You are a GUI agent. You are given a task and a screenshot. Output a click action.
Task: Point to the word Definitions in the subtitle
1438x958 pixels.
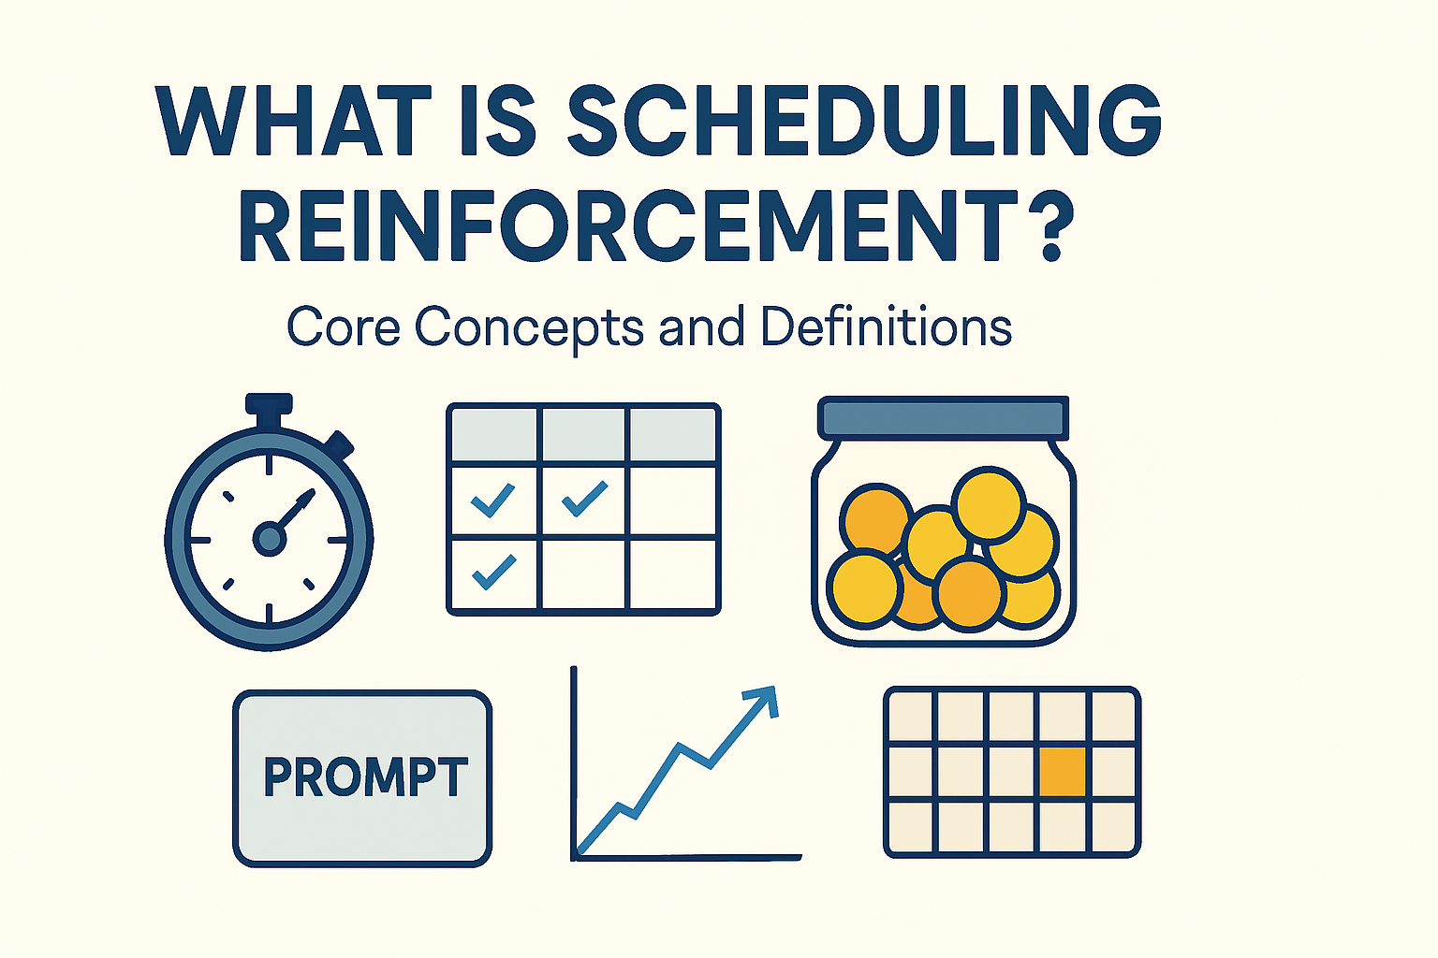[886, 327]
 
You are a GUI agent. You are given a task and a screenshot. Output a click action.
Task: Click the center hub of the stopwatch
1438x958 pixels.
[269, 538]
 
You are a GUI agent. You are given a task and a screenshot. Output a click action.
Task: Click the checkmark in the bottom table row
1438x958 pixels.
[494, 572]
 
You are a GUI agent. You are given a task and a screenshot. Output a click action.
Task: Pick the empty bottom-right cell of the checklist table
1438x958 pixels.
[672, 574]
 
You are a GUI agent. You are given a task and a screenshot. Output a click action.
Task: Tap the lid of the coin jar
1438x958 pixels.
[943, 417]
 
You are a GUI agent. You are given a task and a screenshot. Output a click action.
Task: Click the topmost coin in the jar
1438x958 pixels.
[989, 505]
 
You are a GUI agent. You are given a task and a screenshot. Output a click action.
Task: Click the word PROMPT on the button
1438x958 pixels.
[364, 777]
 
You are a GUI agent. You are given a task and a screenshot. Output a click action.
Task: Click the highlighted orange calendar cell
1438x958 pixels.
[1063, 772]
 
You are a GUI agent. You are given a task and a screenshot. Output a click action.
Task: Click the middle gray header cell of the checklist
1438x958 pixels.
[583, 434]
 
